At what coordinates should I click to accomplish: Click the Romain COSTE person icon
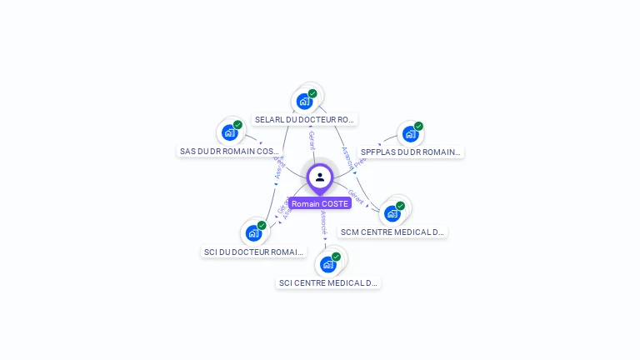click(320, 177)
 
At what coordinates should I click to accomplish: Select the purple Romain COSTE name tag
click(320, 203)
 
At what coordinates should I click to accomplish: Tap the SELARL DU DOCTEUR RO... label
click(305, 119)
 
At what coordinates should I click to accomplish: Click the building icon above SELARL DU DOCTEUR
click(304, 102)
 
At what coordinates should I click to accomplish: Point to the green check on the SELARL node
click(312, 93)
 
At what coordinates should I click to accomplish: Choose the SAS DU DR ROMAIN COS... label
click(229, 152)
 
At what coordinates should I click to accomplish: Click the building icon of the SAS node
click(229, 133)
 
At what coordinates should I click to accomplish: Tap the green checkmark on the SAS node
click(237, 125)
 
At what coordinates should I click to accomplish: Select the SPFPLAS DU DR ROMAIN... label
click(410, 152)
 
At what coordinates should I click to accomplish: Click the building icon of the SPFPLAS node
click(410, 133)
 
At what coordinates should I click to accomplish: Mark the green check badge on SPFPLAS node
click(418, 126)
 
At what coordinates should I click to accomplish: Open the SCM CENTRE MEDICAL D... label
click(392, 232)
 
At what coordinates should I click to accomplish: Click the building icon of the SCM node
click(392, 213)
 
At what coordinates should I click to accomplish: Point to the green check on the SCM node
click(400, 205)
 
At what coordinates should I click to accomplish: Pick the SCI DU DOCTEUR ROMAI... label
click(253, 252)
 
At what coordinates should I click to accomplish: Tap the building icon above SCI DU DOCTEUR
click(253, 233)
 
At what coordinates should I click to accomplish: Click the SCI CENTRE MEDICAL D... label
click(328, 282)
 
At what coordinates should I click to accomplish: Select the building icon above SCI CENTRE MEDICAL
click(327, 265)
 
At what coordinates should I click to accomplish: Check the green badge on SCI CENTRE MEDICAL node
click(336, 257)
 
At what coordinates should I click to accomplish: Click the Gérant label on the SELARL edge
click(312, 140)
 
